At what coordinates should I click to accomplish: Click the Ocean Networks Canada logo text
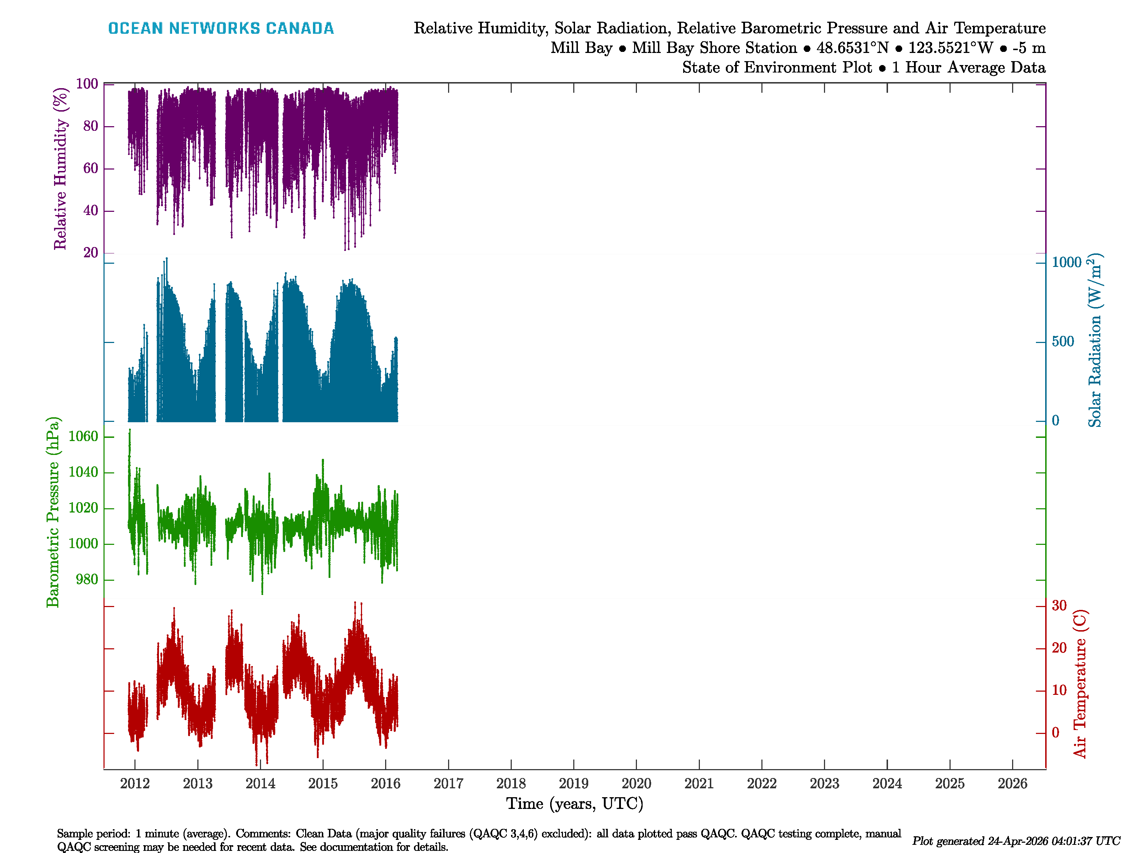(221, 28)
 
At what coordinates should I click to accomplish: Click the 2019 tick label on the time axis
(573, 784)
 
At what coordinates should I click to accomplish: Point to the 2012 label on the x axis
(135, 784)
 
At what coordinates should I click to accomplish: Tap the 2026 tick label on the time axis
(1012, 784)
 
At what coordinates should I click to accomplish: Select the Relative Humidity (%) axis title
(61, 169)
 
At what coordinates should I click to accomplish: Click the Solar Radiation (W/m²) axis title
(1095, 340)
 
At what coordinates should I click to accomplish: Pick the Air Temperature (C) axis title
(1080, 684)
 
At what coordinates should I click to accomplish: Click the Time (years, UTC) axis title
(575, 804)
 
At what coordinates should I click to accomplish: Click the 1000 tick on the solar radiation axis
(1067, 263)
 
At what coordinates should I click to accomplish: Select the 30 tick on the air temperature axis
(1059, 606)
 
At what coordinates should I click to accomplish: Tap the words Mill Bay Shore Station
(714, 48)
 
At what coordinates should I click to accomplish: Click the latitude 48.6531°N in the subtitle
(852, 48)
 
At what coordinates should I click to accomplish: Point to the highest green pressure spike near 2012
(130, 430)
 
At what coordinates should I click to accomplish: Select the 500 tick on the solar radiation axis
(1063, 342)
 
